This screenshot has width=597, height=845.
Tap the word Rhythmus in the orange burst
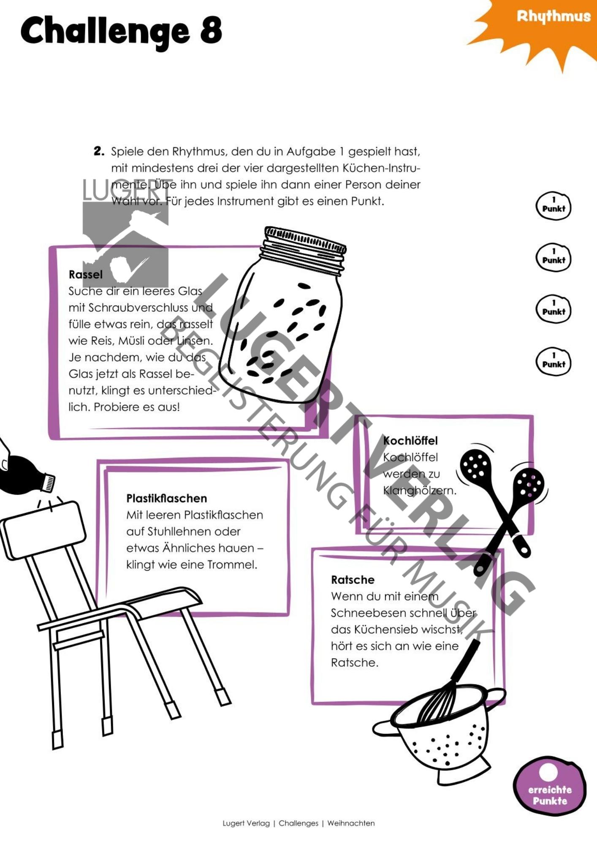point(554,17)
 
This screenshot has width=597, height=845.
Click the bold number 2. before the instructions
point(99,151)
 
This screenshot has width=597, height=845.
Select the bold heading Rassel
point(86,275)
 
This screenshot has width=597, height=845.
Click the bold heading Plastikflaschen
point(167,499)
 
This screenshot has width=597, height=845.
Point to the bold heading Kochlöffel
point(410,441)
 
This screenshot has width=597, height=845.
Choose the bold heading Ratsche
point(353,580)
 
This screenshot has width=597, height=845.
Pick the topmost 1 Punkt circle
point(554,206)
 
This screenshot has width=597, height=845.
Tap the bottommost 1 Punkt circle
point(554,361)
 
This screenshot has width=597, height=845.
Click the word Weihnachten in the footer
point(351,823)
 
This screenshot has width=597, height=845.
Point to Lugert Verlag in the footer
point(246,823)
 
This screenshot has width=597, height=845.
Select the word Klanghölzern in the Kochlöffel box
point(420,491)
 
